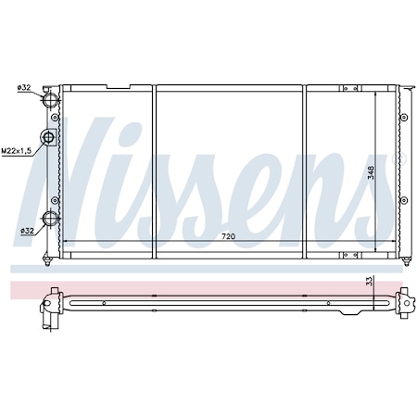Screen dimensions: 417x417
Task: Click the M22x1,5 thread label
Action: point(16,150)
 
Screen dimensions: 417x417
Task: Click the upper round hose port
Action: point(51,97)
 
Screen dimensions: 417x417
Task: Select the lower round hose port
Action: point(51,221)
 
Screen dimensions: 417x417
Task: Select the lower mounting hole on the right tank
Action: point(404,199)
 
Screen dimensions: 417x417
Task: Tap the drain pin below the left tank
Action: point(52,255)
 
